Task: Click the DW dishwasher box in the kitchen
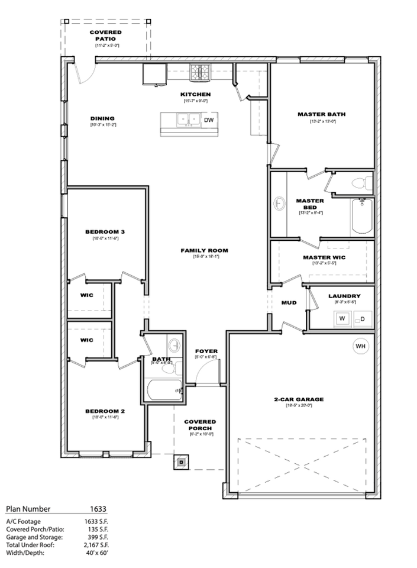click(208, 120)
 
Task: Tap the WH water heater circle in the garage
click(360, 346)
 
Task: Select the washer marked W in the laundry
click(341, 319)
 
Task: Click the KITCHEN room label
click(195, 94)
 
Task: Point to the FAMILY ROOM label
click(204, 250)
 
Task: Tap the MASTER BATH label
click(322, 114)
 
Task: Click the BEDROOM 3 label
click(105, 231)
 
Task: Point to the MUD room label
click(289, 302)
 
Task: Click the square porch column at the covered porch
click(181, 462)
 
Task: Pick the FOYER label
click(206, 351)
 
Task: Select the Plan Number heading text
click(28, 508)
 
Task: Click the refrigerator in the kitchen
click(154, 74)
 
